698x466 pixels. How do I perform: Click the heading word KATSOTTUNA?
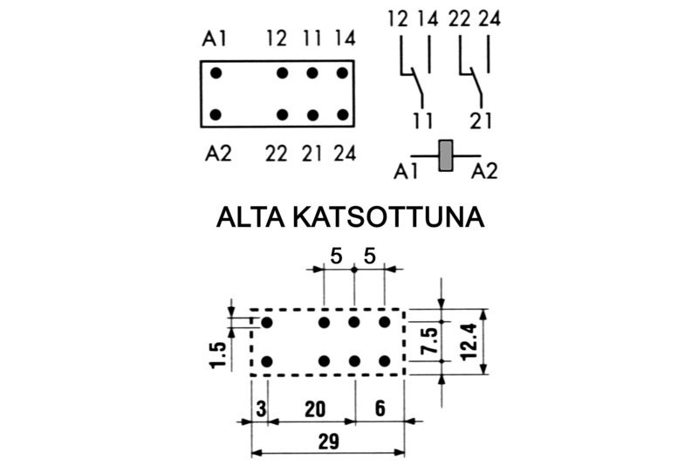click(x=399, y=216)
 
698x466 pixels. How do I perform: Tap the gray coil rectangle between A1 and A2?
click(x=446, y=155)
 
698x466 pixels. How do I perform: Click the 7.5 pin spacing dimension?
click(x=426, y=343)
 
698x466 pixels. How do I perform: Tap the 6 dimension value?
click(x=380, y=406)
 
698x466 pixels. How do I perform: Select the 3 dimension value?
click(x=260, y=406)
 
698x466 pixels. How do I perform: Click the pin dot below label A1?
click(x=216, y=72)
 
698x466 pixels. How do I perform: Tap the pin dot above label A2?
click(x=216, y=114)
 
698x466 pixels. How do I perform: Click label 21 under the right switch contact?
click(x=482, y=120)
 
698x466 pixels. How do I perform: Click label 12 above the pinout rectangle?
click(x=277, y=39)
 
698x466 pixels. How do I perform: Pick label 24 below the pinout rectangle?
click(x=345, y=154)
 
